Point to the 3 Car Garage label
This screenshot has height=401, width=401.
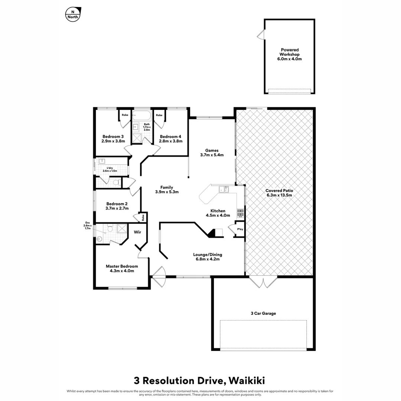(263, 313)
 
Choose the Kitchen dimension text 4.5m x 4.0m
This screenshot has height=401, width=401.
(218, 215)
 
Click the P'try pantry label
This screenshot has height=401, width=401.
(240, 229)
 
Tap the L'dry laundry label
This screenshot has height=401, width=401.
(110, 169)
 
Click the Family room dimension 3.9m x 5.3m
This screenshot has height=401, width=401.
(167, 192)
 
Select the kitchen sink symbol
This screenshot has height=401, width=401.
(224, 189)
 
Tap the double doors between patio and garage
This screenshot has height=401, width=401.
(263, 282)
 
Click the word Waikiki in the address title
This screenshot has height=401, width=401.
(247, 381)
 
